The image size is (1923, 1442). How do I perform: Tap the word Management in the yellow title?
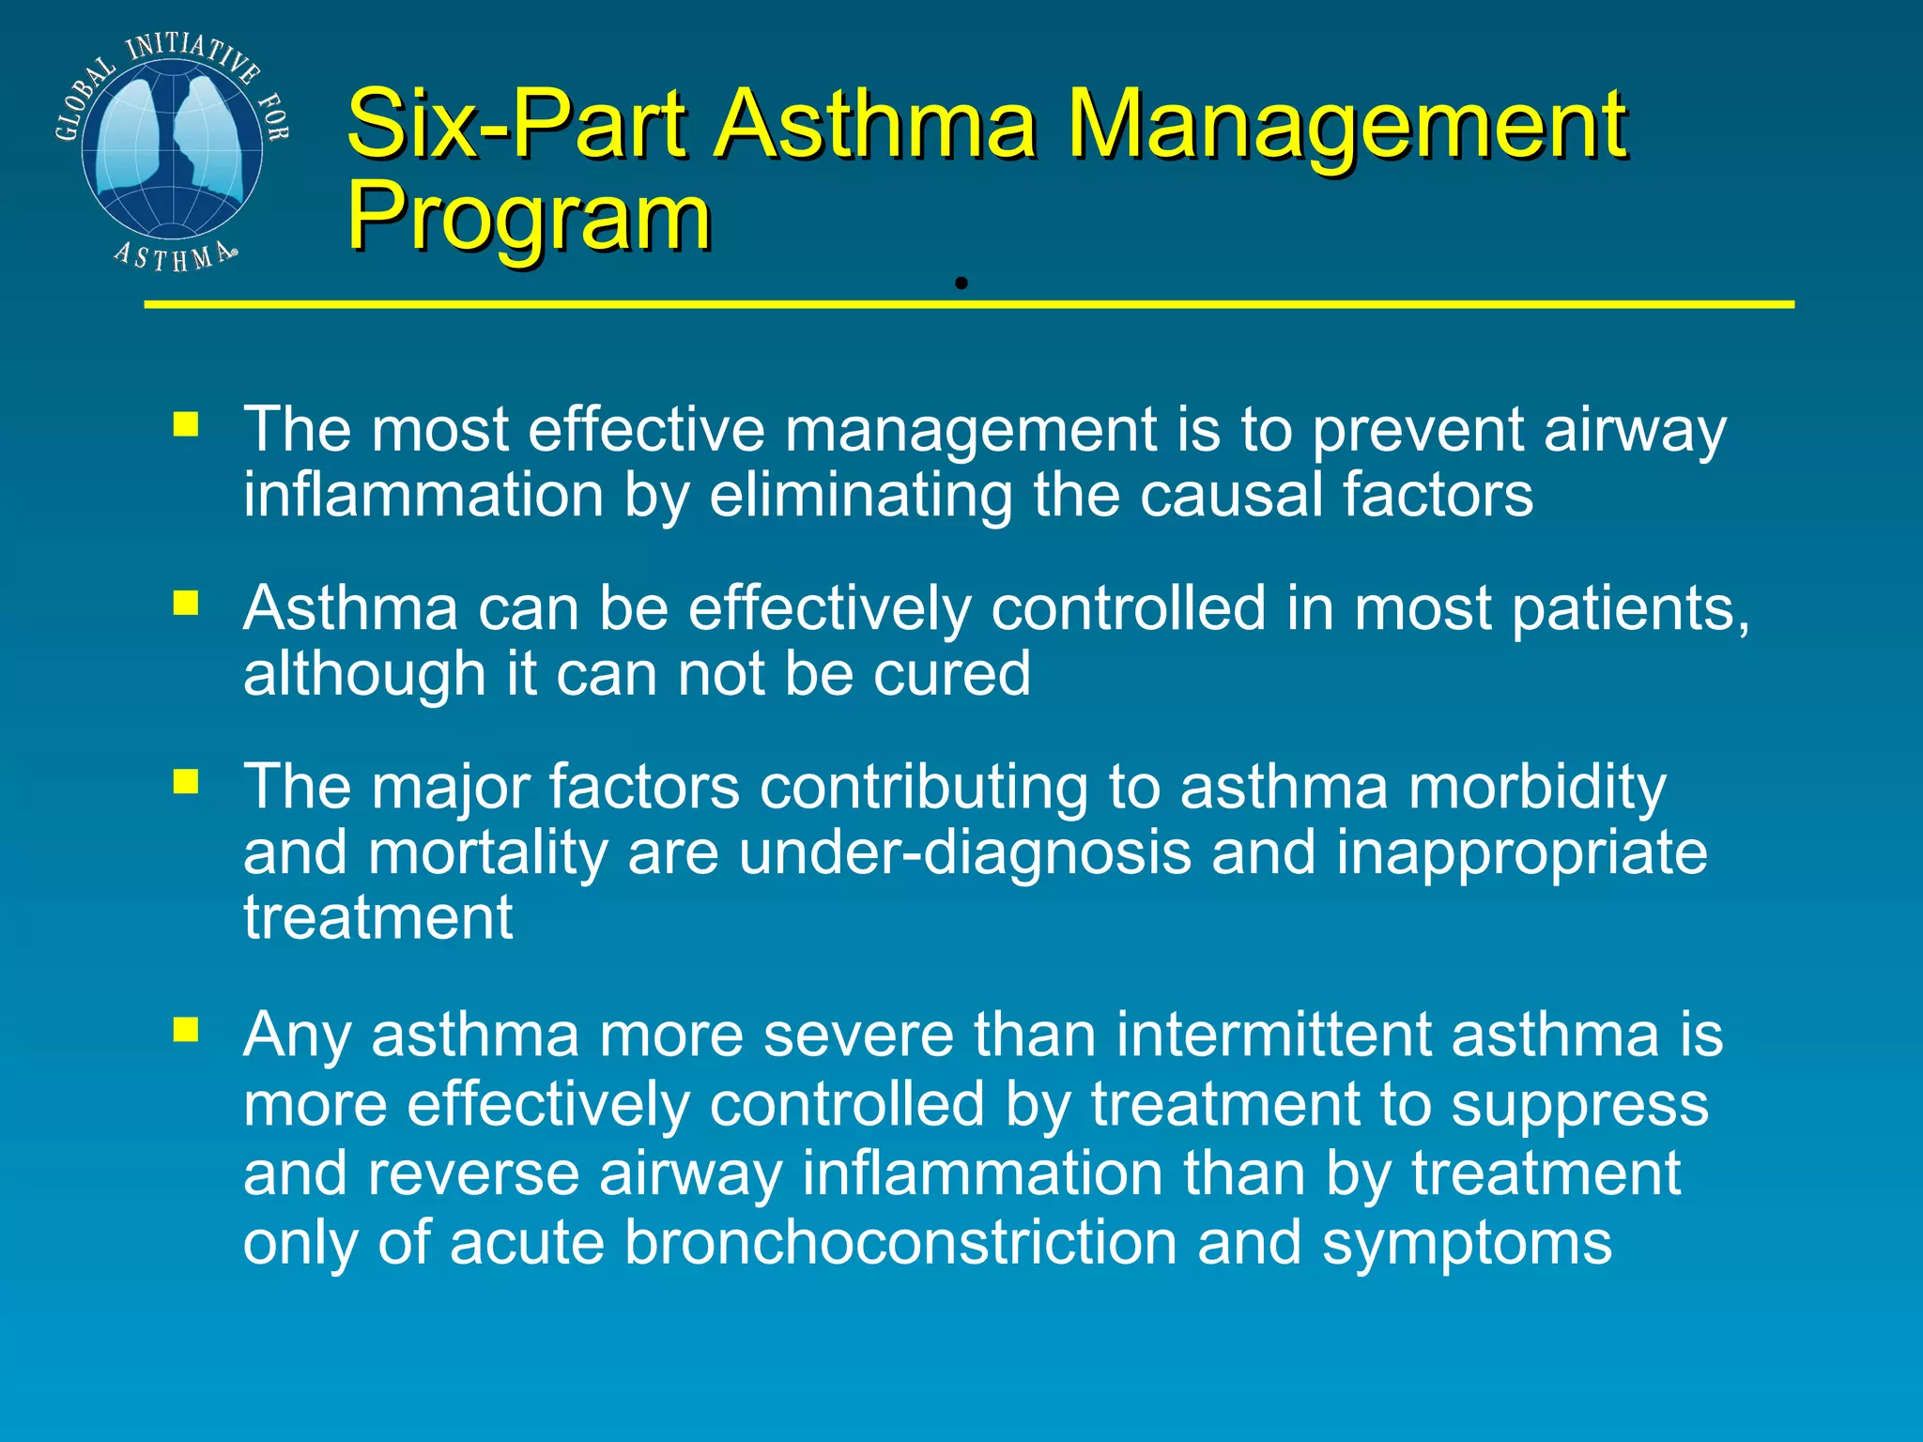(x=1348, y=123)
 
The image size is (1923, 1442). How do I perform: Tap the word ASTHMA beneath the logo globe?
(x=175, y=255)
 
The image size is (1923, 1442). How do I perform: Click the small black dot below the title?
(x=961, y=283)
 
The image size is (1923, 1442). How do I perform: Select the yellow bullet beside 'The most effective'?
(x=186, y=424)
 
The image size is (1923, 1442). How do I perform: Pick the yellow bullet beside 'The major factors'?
(x=186, y=781)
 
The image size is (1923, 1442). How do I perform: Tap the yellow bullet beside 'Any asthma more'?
(x=186, y=1031)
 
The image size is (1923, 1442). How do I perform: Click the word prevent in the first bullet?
(x=1417, y=431)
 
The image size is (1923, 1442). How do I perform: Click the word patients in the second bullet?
(x=1630, y=609)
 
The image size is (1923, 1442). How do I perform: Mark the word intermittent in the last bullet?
(x=1274, y=1035)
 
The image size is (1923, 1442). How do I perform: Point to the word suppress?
(x=1579, y=1106)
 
